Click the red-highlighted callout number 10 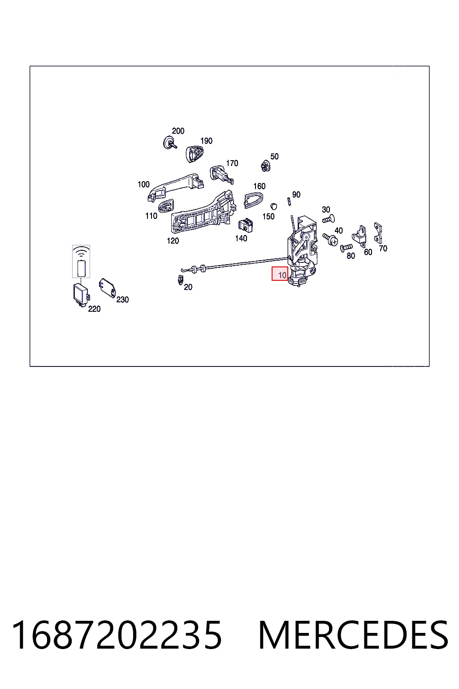(x=282, y=275)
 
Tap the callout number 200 (x=178, y=131)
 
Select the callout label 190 (x=206, y=141)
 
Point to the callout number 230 (x=122, y=300)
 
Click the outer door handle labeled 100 (x=175, y=187)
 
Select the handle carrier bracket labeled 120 (x=204, y=212)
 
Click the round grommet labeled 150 (x=273, y=206)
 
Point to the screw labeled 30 (x=329, y=220)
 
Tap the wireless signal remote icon (x=81, y=262)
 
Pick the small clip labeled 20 (x=181, y=280)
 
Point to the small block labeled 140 (x=246, y=226)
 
